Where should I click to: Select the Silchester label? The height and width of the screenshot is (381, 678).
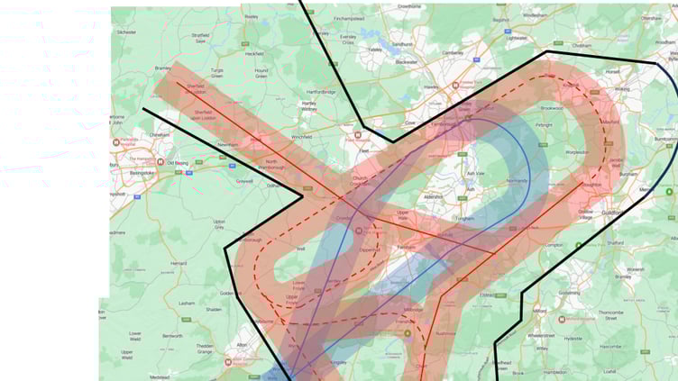(125, 32)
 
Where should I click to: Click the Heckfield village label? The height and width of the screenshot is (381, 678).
(254, 53)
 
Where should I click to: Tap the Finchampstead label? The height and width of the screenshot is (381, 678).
(348, 18)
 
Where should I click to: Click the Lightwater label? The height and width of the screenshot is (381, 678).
(517, 38)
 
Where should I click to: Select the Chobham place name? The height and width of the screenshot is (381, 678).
(582, 45)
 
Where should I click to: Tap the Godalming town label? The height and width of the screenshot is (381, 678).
(570, 293)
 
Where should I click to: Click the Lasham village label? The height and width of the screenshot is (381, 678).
(187, 303)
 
